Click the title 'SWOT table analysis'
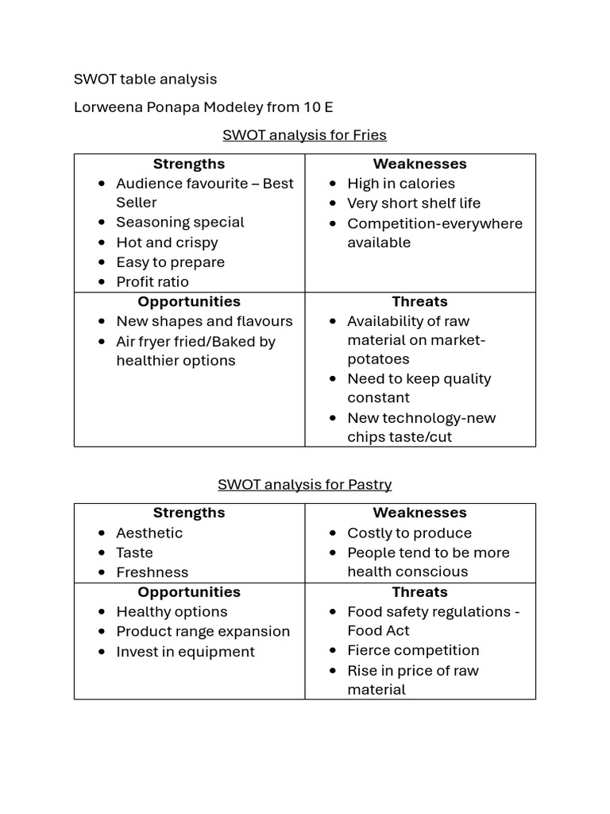pyautogui.click(x=145, y=79)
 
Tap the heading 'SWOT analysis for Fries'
pyautogui.click(x=304, y=134)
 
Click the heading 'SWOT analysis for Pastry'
pyautogui.click(x=304, y=484)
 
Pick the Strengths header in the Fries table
pyautogui.click(x=189, y=164)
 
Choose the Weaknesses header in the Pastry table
pyautogui.click(x=419, y=513)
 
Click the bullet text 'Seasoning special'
pyautogui.click(x=180, y=223)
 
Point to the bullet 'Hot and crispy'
pyautogui.click(x=167, y=242)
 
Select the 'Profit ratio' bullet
pyautogui.click(x=152, y=281)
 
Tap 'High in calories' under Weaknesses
pyautogui.click(x=401, y=184)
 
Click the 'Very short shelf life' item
pyautogui.click(x=414, y=203)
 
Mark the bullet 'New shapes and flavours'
pyautogui.click(x=204, y=321)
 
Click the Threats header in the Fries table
pyautogui.click(x=419, y=301)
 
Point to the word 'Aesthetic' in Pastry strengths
pyautogui.click(x=149, y=533)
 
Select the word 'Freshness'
pyautogui.click(x=152, y=572)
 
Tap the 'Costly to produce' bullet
pyautogui.click(x=409, y=533)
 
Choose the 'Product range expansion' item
pyautogui.click(x=203, y=631)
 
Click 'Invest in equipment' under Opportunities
pyautogui.click(x=186, y=652)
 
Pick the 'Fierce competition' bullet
pyautogui.click(x=413, y=650)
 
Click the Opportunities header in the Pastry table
pyautogui.click(x=189, y=592)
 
